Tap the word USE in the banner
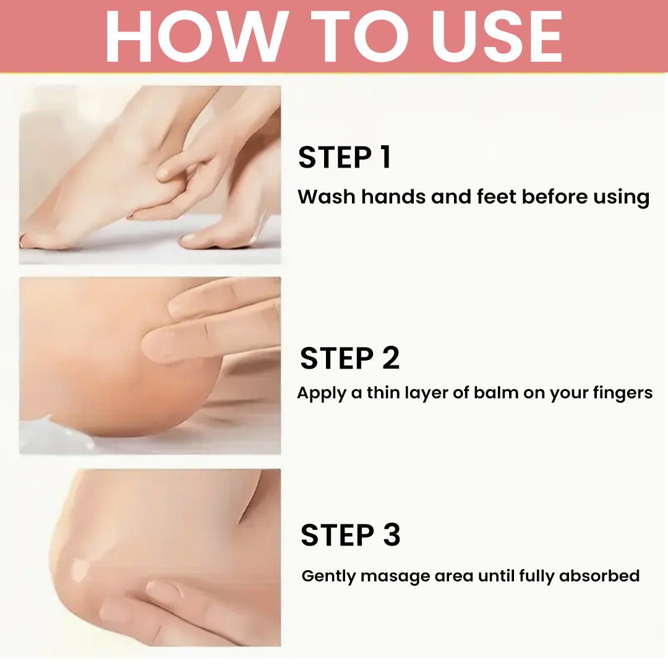click(x=497, y=36)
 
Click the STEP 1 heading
click(x=345, y=157)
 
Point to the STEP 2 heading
click(x=349, y=358)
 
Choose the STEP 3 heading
click(x=351, y=534)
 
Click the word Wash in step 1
click(x=327, y=197)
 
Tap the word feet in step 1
click(x=496, y=197)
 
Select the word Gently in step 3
click(x=328, y=576)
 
